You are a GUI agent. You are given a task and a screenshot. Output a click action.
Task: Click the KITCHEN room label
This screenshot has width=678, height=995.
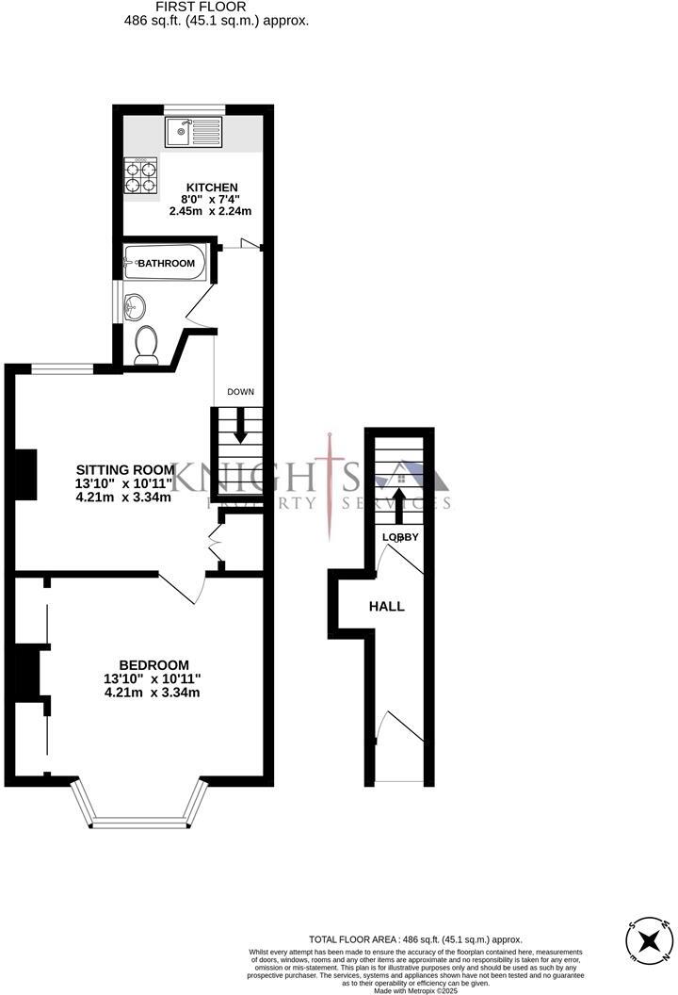pos(210,188)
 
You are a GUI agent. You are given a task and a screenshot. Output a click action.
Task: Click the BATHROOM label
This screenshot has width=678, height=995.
pos(167,264)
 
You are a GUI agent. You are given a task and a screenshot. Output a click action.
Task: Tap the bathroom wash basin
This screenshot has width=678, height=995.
pos(136,305)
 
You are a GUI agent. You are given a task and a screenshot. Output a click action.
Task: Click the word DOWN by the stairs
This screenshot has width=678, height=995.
pos(239,392)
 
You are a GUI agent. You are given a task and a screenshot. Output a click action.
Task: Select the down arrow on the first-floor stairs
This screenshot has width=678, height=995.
pos(239,430)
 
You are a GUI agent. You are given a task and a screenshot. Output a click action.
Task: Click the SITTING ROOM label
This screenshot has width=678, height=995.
pos(125,469)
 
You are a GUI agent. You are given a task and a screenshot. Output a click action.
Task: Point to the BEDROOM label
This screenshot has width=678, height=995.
pos(153,664)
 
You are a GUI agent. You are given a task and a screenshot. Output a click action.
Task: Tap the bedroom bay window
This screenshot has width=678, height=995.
pos(139,806)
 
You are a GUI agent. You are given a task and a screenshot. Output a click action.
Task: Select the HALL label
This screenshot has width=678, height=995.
pos(387,606)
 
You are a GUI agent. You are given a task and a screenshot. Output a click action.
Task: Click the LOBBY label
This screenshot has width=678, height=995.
pos(399,537)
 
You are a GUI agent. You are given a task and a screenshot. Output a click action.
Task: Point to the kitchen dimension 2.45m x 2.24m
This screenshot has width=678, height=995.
pos(210,212)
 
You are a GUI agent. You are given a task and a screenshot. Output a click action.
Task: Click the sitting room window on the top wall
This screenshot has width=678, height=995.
pos(61,367)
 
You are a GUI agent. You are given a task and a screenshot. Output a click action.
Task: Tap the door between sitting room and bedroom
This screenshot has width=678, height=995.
pos(185,588)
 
